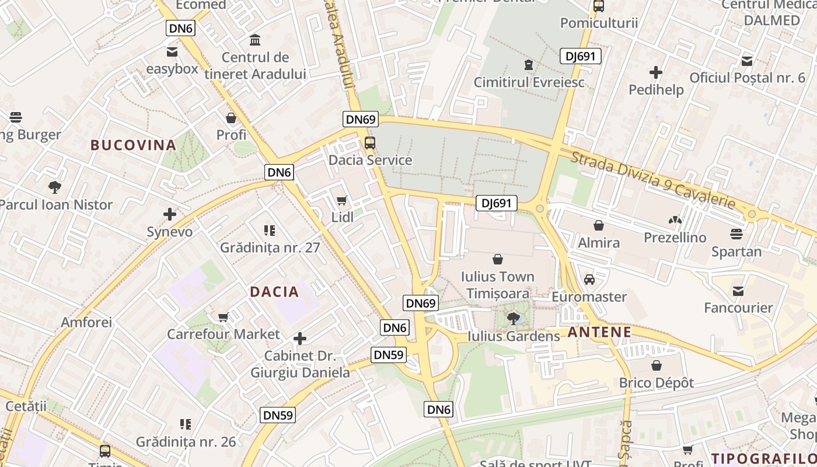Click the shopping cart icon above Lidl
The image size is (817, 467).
pos(342,201)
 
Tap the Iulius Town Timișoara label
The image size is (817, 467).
pos(497,284)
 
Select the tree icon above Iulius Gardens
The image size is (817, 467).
pos(514,318)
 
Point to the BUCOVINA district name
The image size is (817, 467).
pos(133,145)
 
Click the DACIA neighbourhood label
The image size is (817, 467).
pos(274,292)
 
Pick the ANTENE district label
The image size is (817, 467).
pos(599,333)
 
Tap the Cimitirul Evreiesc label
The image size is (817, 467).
pos(529,82)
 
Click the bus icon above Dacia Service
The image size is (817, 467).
pos(370,142)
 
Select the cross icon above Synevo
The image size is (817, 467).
pos(170,214)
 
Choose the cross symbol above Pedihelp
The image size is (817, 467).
pos(656,72)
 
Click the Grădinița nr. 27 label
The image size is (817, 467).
pos(270,248)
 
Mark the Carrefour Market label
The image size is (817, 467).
pos(224,334)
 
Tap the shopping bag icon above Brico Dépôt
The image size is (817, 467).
pos(657,366)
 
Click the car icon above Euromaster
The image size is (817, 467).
pos(589,280)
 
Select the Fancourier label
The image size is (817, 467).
pos(738,308)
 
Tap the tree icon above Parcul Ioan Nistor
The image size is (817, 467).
pos(55,187)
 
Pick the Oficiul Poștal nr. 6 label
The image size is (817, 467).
pos(747,78)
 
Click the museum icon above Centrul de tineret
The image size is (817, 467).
pos(255,40)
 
